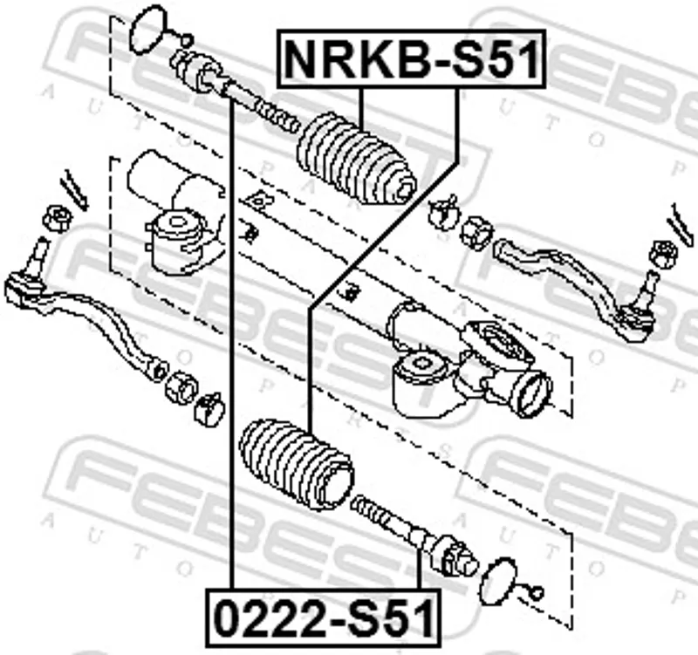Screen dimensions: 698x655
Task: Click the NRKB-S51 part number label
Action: click(x=411, y=58)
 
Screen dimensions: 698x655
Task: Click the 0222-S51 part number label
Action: click(x=324, y=617)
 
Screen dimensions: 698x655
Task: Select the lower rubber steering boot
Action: click(x=297, y=465)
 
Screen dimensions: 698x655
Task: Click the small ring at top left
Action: click(x=187, y=40)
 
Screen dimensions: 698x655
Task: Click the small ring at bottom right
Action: click(x=537, y=593)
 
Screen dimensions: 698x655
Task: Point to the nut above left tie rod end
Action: click(x=57, y=219)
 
